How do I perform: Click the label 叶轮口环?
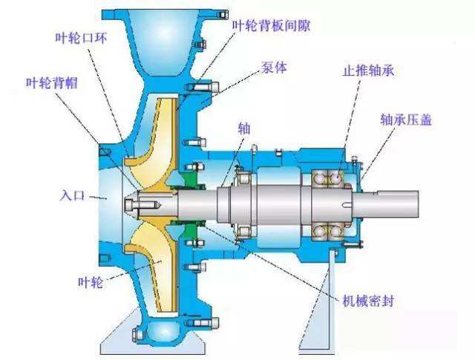(81, 38)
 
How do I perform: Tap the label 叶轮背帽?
(52, 82)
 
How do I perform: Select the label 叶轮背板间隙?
(272, 25)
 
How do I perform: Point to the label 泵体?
(275, 68)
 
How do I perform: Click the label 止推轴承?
(369, 71)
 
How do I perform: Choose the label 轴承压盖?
(406, 120)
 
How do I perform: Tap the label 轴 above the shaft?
(244, 128)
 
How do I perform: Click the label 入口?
(72, 195)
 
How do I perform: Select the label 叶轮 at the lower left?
(91, 282)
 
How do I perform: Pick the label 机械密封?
(368, 301)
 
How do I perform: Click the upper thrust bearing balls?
(328, 177)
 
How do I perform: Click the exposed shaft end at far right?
(391, 205)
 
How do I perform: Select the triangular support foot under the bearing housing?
(318, 303)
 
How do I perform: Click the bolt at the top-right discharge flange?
(223, 14)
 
